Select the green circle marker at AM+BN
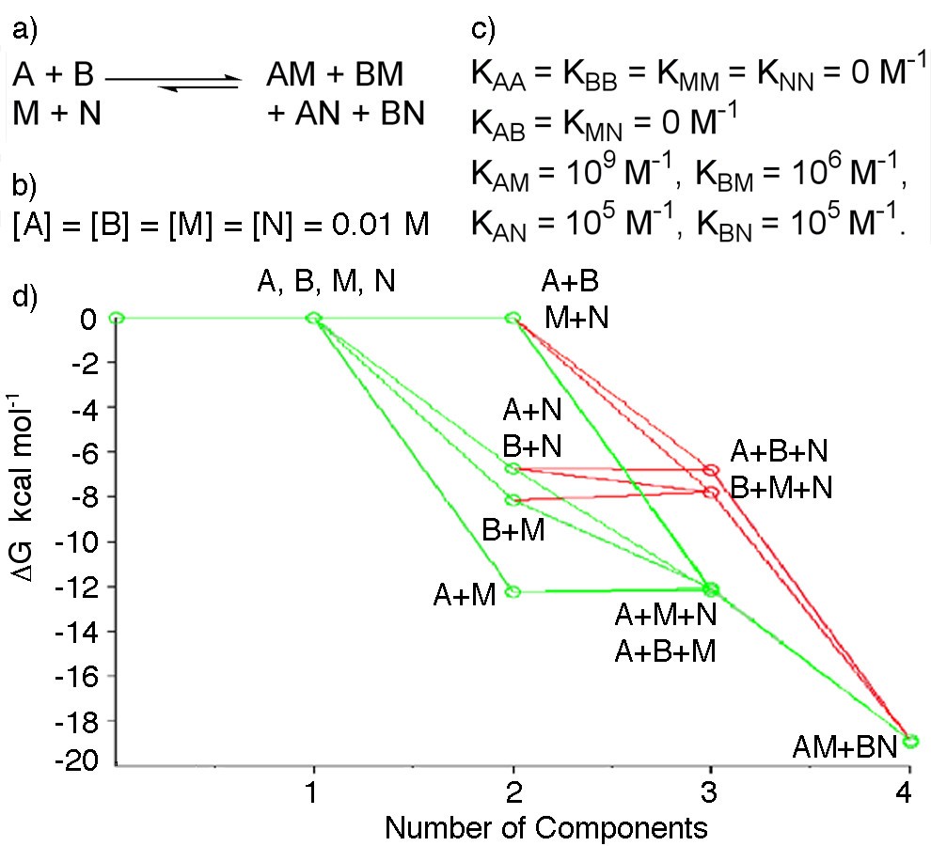910,741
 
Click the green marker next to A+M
513,591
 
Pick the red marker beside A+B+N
711,469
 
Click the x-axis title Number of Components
545,827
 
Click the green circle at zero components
116,318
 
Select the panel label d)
25,299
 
